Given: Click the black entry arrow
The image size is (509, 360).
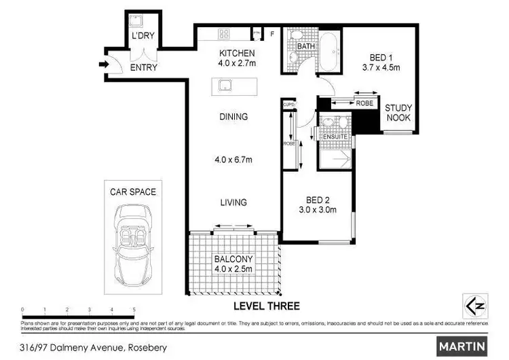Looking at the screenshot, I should pyautogui.click(x=102, y=66).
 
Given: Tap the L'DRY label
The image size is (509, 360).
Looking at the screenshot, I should pyautogui.click(x=143, y=35).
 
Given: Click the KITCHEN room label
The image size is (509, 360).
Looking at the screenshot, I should pyautogui.click(x=236, y=53).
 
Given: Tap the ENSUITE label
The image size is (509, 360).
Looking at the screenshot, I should pyautogui.click(x=335, y=137).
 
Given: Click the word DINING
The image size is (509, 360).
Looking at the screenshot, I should pyautogui.click(x=233, y=117).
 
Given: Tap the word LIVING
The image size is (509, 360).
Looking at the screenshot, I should pyautogui.click(x=233, y=202).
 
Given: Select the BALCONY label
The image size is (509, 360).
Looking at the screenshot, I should pyautogui.click(x=233, y=259).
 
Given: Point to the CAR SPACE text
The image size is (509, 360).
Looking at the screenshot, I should pyautogui.click(x=133, y=192).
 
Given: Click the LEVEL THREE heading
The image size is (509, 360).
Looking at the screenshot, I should pyautogui.click(x=266, y=306).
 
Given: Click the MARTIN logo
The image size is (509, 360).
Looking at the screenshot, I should pyautogui.click(x=463, y=346).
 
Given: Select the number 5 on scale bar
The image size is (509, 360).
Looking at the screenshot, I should pyautogui.click(x=134, y=309).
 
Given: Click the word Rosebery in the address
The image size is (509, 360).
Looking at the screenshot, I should pyautogui.click(x=142, y=348).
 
